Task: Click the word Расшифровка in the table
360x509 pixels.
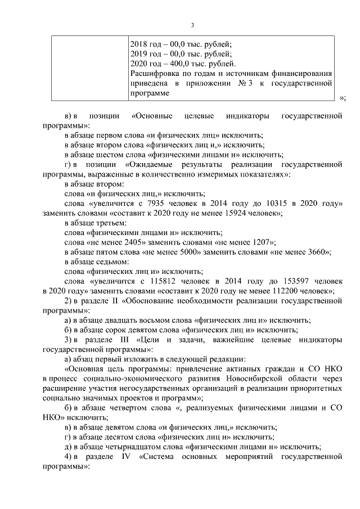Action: pyautogui.click(x=154, y=74)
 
